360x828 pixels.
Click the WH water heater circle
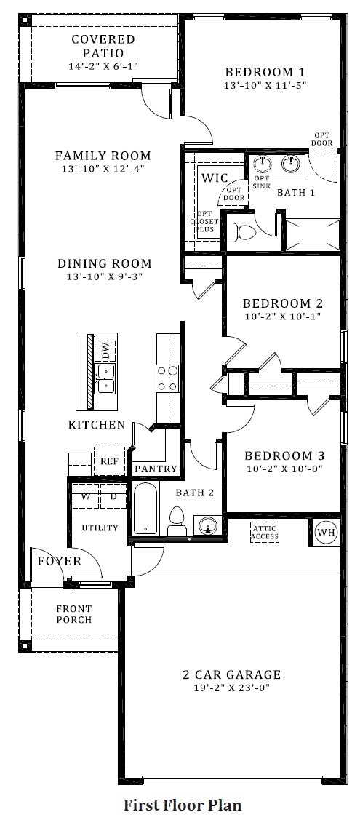tap(327, 533)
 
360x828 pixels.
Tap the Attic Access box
tap(265, 533)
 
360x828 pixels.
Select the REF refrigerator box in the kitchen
tap(109, 461)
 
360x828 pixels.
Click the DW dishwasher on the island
tap(105, 349)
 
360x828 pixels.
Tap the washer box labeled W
tap(86, 495)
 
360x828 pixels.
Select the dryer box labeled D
tap(113, 495)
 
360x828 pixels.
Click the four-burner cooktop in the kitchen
tap(167, 378)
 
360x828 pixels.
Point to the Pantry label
tap(156, 469)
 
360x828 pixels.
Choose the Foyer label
tap(60, 561)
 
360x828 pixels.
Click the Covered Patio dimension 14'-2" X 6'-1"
tap(103, 66)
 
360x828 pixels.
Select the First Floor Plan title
tap(183, 805)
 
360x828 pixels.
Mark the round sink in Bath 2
tap(209, 525)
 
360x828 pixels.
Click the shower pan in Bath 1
tap(313, 234)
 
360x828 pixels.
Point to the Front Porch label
tap(74, 614)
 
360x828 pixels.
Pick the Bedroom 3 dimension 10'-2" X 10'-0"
tap(284, 469)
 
